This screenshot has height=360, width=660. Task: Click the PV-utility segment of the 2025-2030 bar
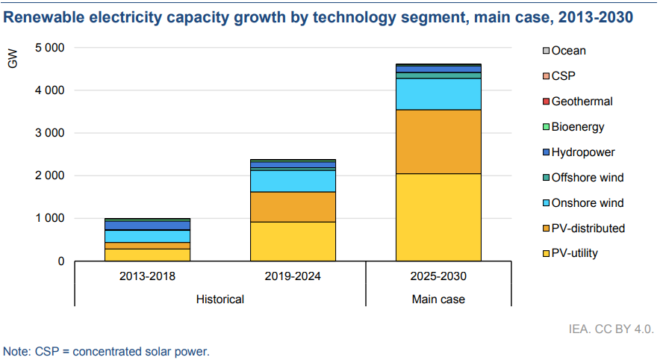pos(438,217)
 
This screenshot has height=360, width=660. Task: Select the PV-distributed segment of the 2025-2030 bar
pos(438,141)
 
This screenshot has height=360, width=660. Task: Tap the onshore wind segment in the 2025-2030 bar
pos(438,94)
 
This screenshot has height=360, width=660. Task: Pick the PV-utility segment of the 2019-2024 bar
pos(293,241)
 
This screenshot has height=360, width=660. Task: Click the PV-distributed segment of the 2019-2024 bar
pos(293,207)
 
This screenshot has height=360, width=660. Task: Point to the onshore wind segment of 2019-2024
pos(293,181)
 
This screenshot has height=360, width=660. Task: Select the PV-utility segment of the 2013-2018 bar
pos(147,255)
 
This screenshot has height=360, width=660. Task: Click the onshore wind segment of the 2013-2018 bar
pos(147,236)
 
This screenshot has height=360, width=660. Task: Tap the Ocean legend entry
pos(568,51)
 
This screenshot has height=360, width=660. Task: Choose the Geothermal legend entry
pos(582,102)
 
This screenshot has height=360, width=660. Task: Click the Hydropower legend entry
pos(583,152)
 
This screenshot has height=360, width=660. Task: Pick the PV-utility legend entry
pos(574,254)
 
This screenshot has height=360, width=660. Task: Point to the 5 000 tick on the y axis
pos(50,48)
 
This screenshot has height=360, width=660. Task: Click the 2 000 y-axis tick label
pos(50,176)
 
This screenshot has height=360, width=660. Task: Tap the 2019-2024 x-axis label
pos(293,276)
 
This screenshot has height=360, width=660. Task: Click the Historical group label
pos(220,300)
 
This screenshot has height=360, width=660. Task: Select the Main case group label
pos(438,300)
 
